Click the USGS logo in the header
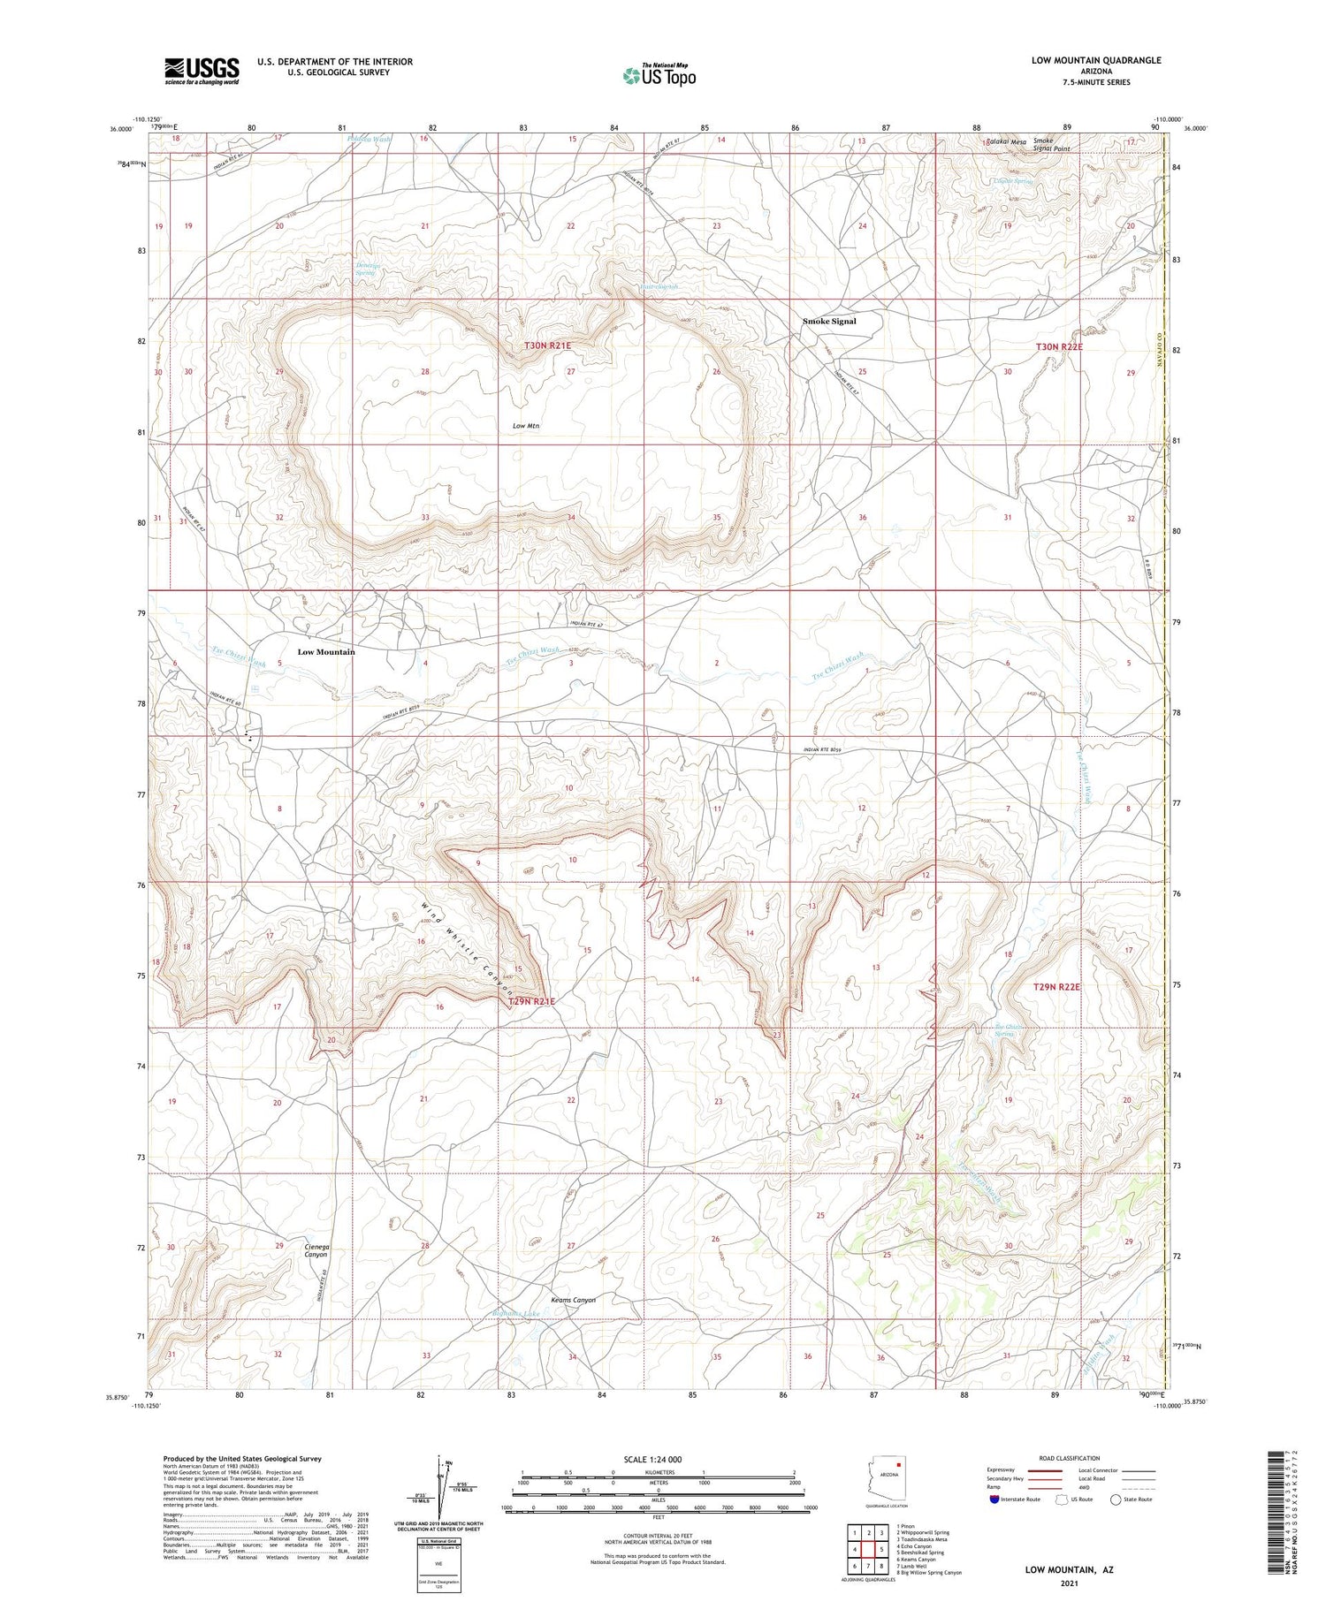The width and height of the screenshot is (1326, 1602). [202, 71]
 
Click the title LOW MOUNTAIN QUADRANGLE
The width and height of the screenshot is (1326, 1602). [1095, 60]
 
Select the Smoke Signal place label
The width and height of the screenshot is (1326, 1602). [829, 322]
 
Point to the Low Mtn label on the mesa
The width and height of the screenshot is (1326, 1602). [526, 426]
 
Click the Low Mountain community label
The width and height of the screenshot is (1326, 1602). [326, 652]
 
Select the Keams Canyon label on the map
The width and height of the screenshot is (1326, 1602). [573, 1300]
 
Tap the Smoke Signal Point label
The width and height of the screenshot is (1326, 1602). [1051, 145]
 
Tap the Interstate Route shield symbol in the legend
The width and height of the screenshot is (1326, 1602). [994, 1499]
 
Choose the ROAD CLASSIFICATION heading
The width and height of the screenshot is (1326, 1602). [1070, 1458]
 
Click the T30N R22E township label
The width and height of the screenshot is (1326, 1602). [1058, 347]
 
